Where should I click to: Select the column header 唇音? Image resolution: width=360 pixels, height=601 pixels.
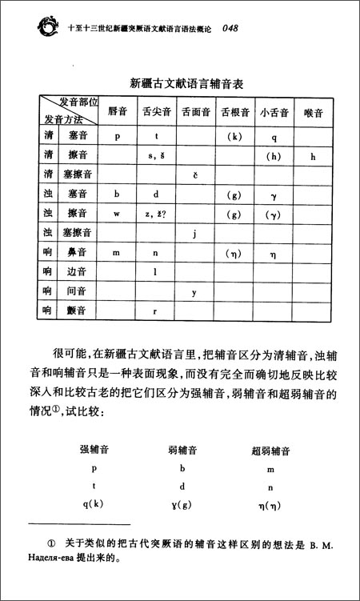(x=117, y=112)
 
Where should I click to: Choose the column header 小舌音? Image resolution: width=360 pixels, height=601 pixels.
(x=274, y=113)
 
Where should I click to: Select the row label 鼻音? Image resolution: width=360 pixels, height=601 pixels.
(x=77, y=253)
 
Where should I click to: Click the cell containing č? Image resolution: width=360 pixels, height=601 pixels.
(x=194, y=174)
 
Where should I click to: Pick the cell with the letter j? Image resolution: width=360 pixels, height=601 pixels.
(x=194, y=234)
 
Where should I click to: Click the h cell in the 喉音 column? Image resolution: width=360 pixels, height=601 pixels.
(x=313, y=155)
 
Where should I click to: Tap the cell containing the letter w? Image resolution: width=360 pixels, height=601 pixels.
(x=117, y=214)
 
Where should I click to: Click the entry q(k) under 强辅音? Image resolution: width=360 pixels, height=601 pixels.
(x=94, y=503)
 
